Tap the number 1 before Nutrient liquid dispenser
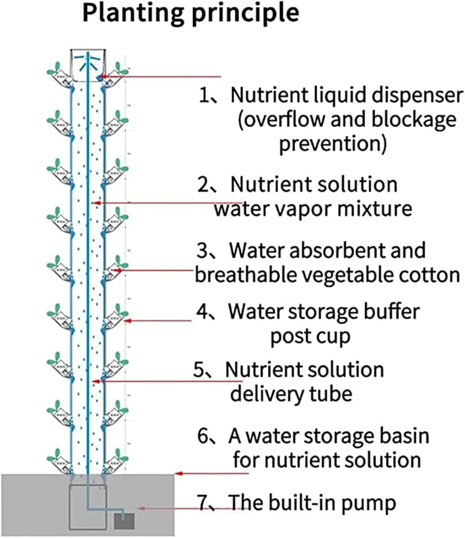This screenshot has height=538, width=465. (x=204, y=95)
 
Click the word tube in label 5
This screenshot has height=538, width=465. (x=332, y=394)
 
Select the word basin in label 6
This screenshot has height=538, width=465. (x=404, y=436)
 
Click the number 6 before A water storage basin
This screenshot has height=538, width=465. (x=203, y=436)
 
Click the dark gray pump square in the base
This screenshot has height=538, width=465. (x=124, y=521)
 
